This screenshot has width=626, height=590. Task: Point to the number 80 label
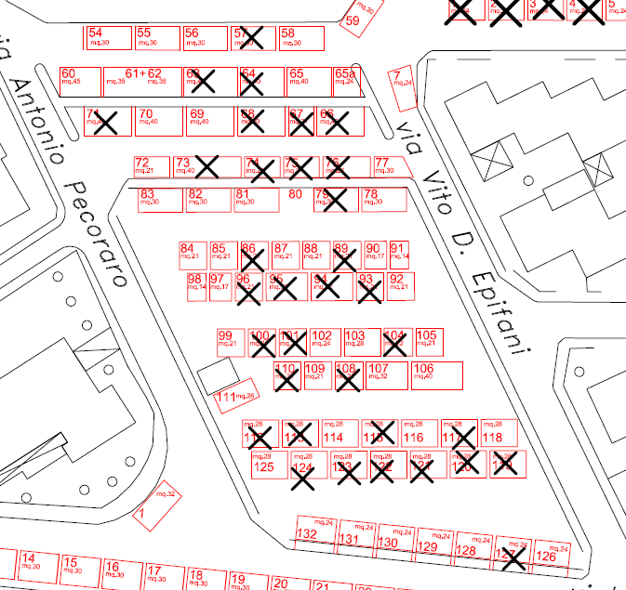point(296,194)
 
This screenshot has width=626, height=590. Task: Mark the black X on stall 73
point(206,167)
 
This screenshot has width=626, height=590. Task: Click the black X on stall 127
point(513,557)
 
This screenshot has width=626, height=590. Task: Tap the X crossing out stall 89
point(344,257)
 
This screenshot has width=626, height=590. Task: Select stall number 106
point(435,374)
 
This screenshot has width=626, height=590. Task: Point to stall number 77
point(389,167)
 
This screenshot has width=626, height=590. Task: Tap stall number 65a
point(344,79)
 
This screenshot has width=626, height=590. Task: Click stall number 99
point(229,341)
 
